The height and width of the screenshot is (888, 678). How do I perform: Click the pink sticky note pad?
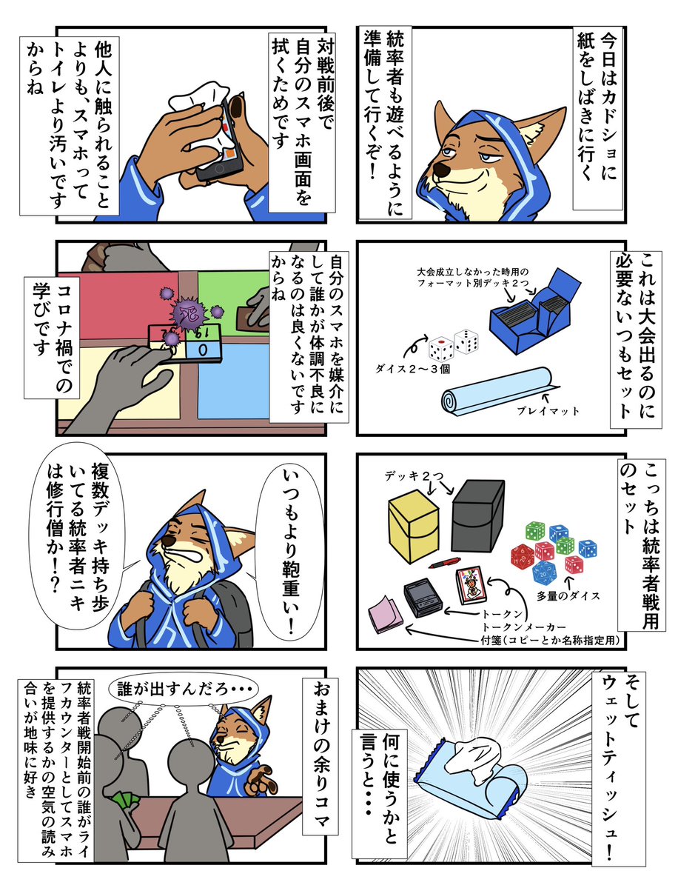pyautogui.click(x=384, y=610)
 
